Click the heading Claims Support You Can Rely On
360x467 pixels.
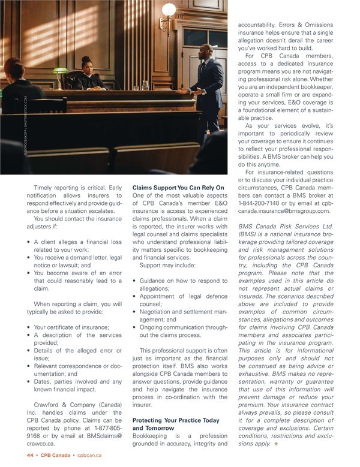click(178, 188)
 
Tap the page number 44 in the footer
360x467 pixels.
click(30, 456)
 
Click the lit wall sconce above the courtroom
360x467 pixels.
click(168, 12)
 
